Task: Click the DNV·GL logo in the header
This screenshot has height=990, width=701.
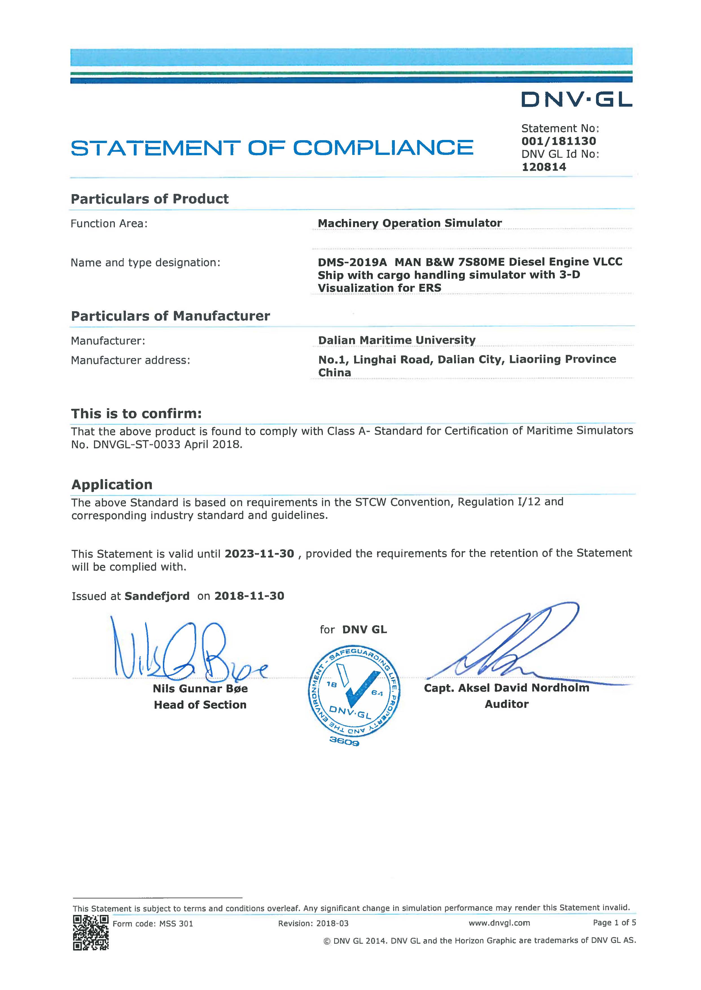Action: click(x=576, y=100)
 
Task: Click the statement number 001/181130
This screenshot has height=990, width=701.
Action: click(x=558, y=141)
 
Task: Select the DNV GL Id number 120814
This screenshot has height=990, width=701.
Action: click(x=544, y=167)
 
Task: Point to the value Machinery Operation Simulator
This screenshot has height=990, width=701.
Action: click(x=410, y=223)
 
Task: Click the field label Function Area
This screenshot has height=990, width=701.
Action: click(x=109, y=223)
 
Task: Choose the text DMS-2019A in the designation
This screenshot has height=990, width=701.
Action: click(x=352, y=262)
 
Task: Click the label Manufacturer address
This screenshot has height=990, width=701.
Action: click(x=130, y=360)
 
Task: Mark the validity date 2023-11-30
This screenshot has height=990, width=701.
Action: click(x=259, y=554)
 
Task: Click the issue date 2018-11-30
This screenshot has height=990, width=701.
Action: click(x=249, y=596)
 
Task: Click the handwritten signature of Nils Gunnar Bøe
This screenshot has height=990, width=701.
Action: click(x=186, y=652)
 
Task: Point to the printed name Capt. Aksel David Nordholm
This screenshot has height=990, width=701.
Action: click(x=506, y=688)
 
